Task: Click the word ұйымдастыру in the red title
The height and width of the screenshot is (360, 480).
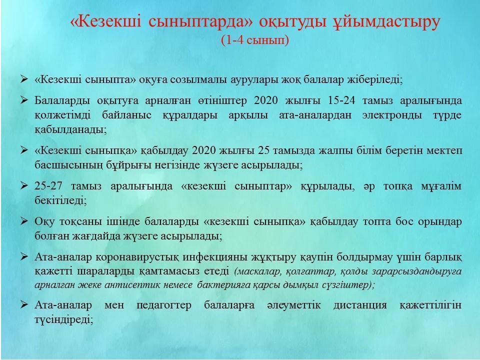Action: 386,22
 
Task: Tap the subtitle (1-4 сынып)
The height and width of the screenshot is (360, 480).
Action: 255,40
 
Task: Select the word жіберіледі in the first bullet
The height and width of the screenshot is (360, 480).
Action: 375,79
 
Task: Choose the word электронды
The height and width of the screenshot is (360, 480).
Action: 392,115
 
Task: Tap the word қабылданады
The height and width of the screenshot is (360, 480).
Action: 70,130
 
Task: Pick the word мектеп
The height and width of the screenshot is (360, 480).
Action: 445,150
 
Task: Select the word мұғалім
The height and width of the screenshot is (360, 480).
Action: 441,186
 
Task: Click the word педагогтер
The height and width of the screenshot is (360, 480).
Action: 164,305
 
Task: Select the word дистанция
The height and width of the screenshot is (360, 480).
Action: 359,305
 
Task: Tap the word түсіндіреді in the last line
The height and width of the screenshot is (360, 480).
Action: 63,320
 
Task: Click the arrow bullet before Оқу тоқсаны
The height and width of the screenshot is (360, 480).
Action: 24,221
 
